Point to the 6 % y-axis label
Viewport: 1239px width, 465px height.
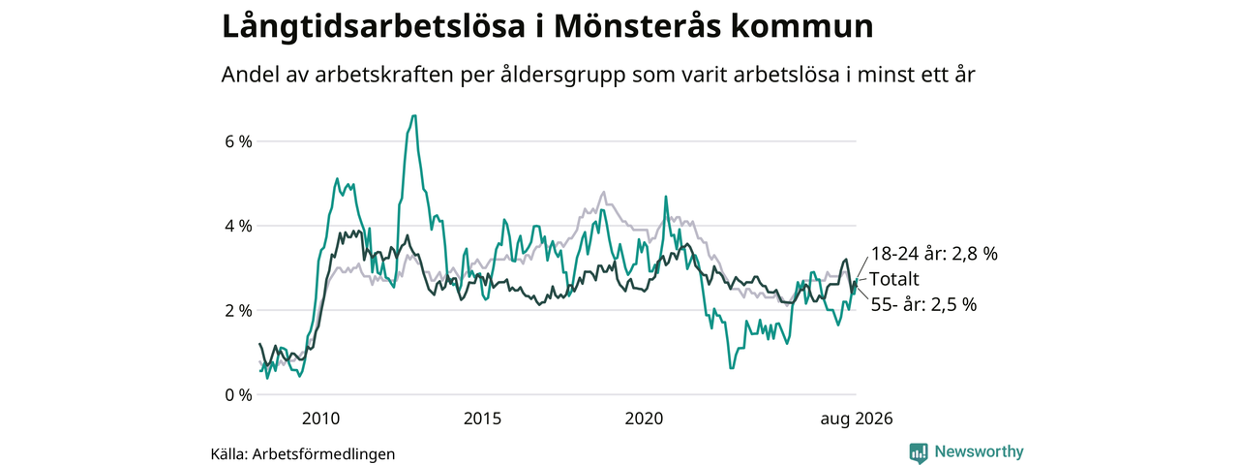pyautogui.click(x=238, y=141)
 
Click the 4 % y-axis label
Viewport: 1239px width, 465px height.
pyautogui.click(x=238, y=226)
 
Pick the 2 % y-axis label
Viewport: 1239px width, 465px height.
pyautogui.click(x=238, y=311)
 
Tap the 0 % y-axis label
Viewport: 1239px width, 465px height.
pyautogui.click(x=238, y=395)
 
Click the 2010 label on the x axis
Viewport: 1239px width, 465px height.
pyautogui.click(x=320, y=418)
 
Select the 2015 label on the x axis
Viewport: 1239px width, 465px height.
pyautogui.click(x=482, y=418)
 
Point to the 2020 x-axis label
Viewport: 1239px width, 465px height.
pyautogui.click(x=644, y=418)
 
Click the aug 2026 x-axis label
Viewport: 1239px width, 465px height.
pyautogui.click(x=857, y=419)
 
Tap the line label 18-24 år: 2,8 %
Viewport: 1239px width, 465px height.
pyautogui.click(x=934, y=254)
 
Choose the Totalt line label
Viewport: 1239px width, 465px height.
pyautogui.click(x=893, y=279)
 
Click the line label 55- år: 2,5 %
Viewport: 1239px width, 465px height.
pyautogui.click(x=923, y=304)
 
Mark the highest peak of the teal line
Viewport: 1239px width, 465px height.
pyautogui.click(x=413, y=115)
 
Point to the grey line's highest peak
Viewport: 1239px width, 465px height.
pyautogui.click(x=603, y=192)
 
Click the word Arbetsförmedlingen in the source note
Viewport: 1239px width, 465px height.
pyautogui.click(x=323, y=454)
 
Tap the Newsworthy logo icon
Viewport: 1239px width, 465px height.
pyautogui.click(x=919, y=453)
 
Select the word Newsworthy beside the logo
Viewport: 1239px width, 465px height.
pyautogui.click(x=979, y=451)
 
